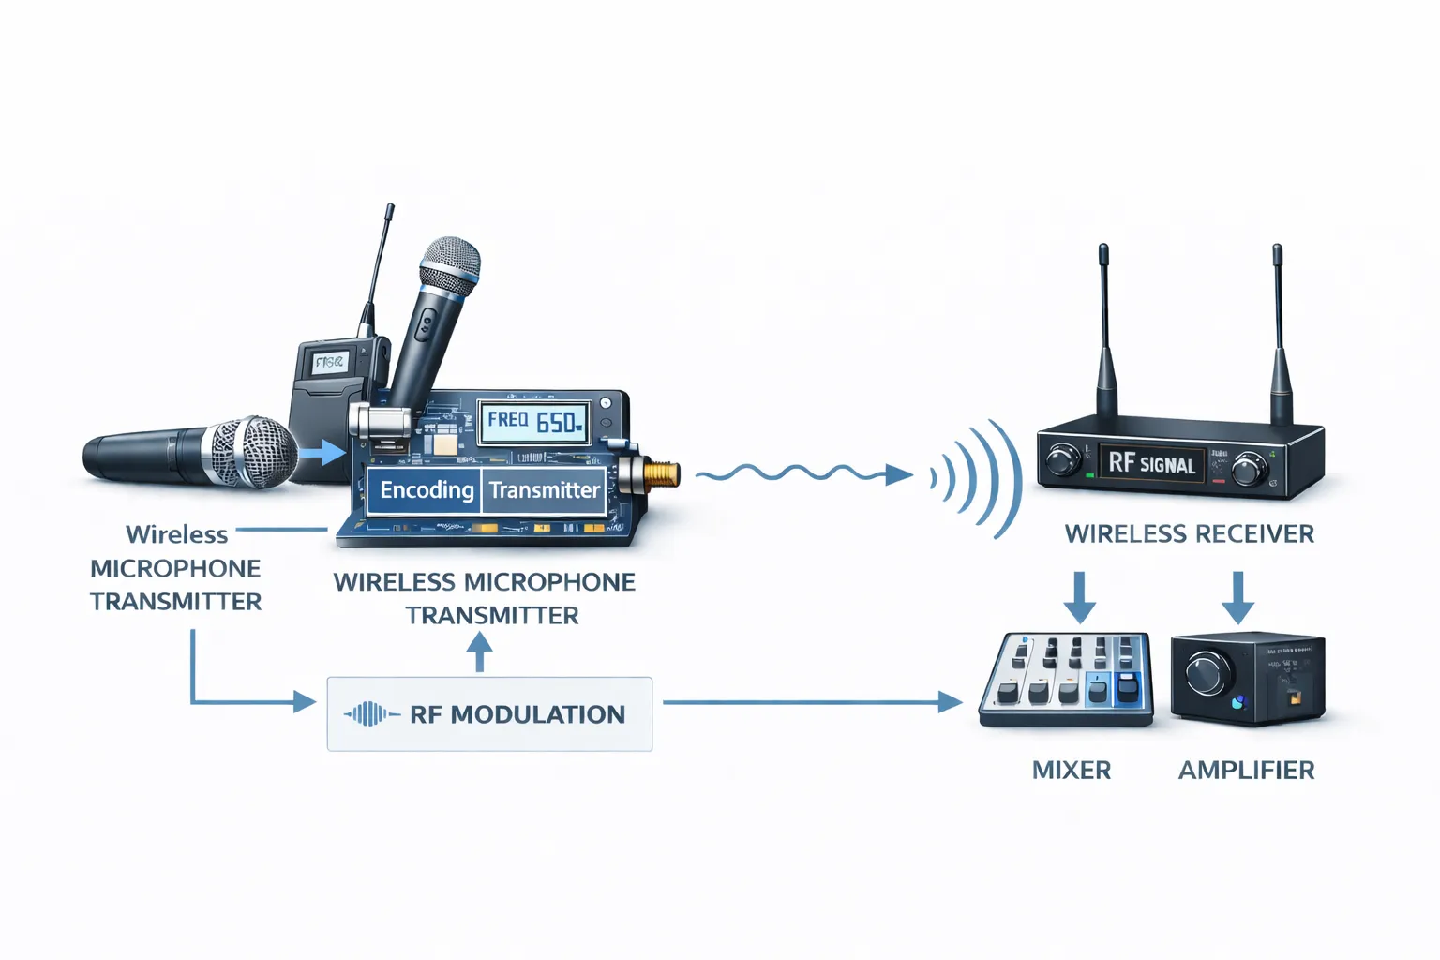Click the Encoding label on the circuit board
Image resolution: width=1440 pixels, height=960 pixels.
pyautogui.click(x=427, y=490)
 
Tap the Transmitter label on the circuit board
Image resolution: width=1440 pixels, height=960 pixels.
pyautogui.click(x=544, y=490)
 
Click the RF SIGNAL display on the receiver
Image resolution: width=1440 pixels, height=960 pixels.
pyautogui.click(x=1151, y=463)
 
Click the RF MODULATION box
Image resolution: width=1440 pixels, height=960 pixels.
pyautogui.click(x=489, y=714)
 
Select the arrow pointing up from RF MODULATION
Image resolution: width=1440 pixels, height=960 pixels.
pyautogui.click(x=480, y=651)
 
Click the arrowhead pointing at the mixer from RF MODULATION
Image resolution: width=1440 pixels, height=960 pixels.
pyautogui.click(x=951, y=701)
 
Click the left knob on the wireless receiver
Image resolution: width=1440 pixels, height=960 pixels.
pyautogui.click(x=1063, y=460)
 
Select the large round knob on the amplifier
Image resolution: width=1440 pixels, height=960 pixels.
pyautogui.click(x=1207, y=673)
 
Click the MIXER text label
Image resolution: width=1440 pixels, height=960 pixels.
pyautogui.click(x=1071, y=771)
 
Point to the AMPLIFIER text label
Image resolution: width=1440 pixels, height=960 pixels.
pyautogui.click(x=1246, y=771)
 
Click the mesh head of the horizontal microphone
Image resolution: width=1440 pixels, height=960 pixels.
pyautogui.click(x=250, y=453)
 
